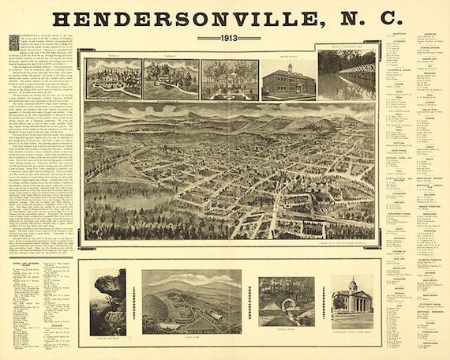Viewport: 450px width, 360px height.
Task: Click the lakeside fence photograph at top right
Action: tap(347, 75)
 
